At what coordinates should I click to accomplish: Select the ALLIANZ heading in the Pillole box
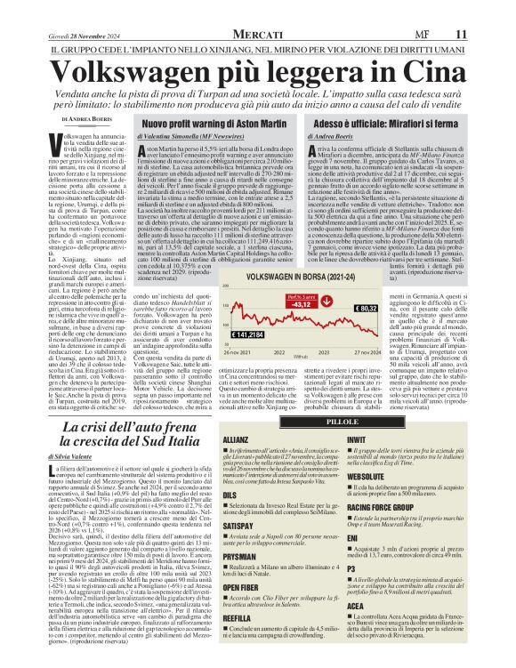pos(236,414)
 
